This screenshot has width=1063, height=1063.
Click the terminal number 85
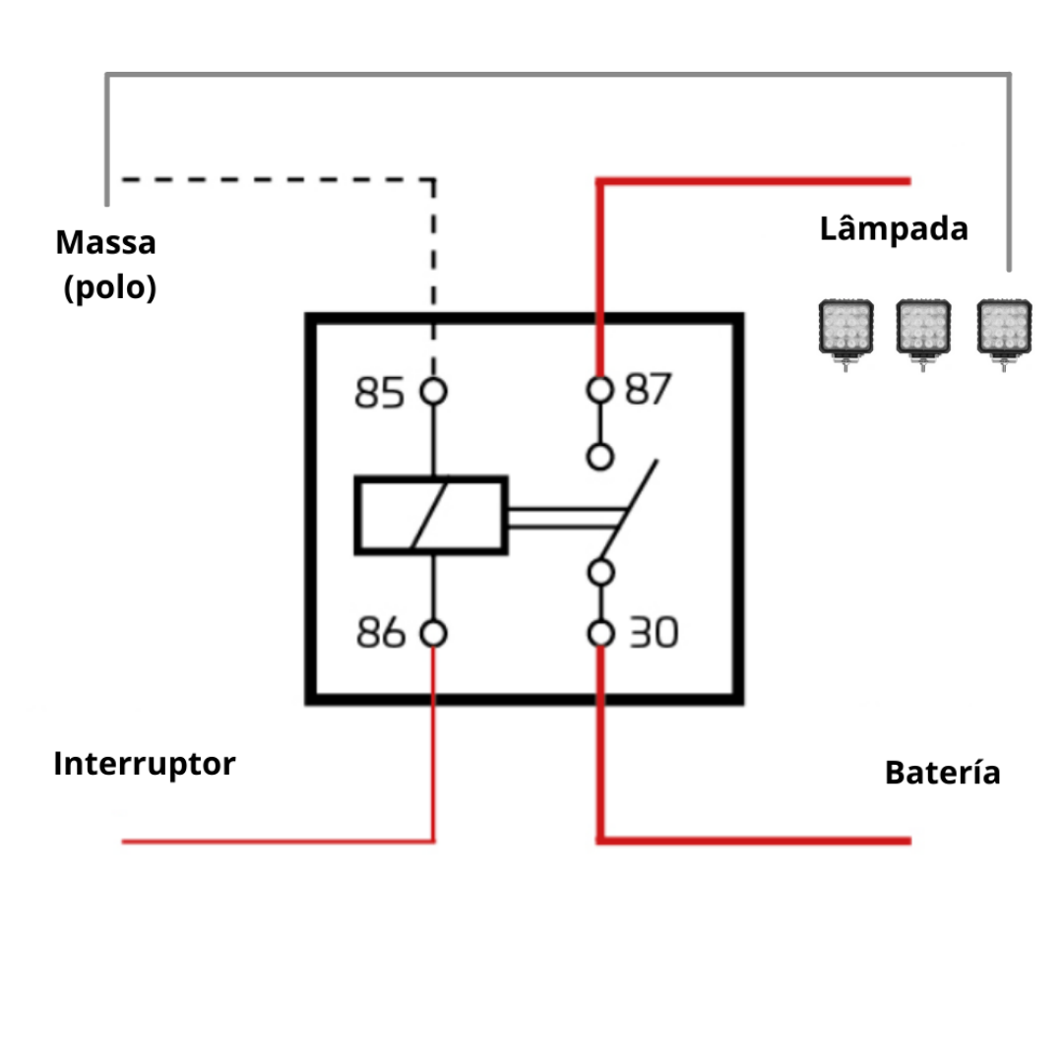click(380, 393)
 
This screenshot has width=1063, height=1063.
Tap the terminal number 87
click(647, 390)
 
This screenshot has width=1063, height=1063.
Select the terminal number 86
click(381, 634)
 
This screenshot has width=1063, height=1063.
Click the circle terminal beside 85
click(433, 392)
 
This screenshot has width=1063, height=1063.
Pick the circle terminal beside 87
click(599, 390)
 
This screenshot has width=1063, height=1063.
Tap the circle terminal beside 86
click(433, 634)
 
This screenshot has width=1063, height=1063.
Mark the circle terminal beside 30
click(600, 633)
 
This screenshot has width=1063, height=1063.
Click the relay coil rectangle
click(431, 515)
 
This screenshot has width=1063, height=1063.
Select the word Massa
click(105, 242)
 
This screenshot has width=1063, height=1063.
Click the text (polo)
click(109, 287)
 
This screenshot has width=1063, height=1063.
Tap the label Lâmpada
click(894, 229)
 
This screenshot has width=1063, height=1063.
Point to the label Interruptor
click(145, 764)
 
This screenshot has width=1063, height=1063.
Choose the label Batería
click(942, 773)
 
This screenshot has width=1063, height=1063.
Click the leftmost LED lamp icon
click(845, 330)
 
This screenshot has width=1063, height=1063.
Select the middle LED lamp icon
click(923, 330)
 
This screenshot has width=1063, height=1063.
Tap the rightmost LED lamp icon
click(1003, 330)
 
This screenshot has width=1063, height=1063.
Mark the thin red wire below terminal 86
click(433, 748)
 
